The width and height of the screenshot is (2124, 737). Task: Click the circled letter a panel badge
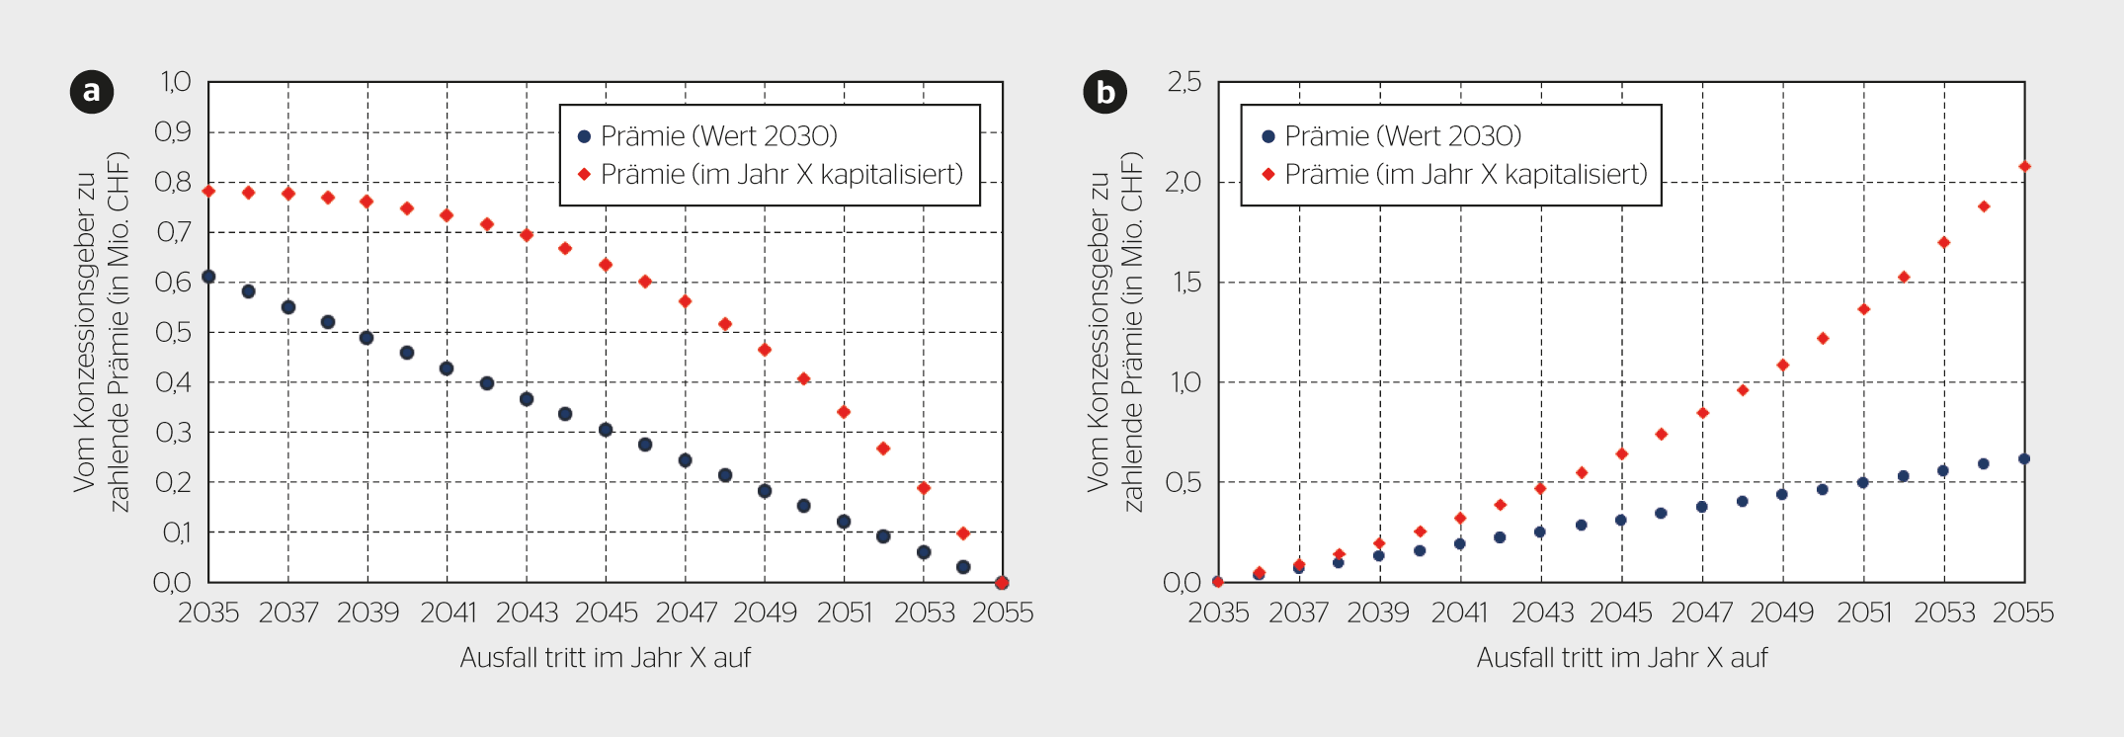[92, 92]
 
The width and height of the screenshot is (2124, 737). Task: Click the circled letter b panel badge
[1104, 92]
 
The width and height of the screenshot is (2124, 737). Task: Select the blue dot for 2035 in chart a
[208, 277]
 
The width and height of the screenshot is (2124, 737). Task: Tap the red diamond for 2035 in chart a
[208, 191]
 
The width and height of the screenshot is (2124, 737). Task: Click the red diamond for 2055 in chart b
[2024, 167]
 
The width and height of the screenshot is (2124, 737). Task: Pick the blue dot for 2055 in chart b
[2024, 458]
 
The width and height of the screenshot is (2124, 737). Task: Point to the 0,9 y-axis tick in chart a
[173, 132]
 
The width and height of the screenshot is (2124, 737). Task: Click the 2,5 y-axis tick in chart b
[1184, 82]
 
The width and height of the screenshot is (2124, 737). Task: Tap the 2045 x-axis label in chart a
[607, 614]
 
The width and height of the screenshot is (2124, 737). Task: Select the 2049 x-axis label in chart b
[1782, 614]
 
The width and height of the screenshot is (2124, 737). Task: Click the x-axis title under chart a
[606, 658]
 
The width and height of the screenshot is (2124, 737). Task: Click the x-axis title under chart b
[1621, 658]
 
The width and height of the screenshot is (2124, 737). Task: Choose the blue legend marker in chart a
[584, 136]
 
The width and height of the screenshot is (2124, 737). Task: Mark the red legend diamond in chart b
[1268, 175]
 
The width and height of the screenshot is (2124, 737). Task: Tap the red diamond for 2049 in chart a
[765, 350]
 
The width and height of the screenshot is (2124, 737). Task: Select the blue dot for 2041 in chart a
[447, 368]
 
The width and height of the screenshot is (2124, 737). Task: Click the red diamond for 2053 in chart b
[1943, 243]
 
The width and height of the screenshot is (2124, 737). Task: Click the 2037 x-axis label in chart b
[1298, 614]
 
